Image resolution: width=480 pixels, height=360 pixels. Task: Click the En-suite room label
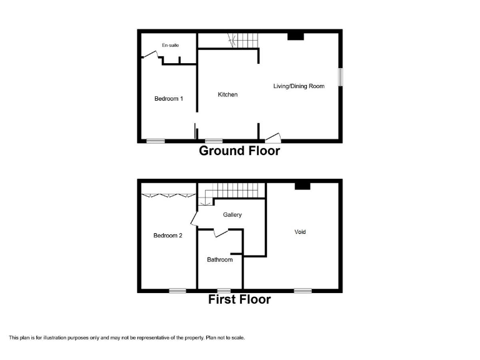[171, 46]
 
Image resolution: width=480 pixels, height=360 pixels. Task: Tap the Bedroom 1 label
[169, 98]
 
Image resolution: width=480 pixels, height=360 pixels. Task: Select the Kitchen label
[227, 94]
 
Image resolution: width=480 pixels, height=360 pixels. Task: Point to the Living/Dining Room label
[299, 86]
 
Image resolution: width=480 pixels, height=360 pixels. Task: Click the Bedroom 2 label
[167, 236]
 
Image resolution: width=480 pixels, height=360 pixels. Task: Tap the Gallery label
[232, 215]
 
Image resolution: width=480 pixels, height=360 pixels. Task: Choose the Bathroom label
[220, 260]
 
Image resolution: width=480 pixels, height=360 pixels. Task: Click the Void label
[300, 232]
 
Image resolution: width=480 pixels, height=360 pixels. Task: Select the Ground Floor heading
[239, 151]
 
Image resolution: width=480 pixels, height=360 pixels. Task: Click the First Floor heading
[239, 299]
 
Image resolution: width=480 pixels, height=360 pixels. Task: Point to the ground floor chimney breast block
[296, 36]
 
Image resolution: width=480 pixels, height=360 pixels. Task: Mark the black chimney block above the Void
[302, 185]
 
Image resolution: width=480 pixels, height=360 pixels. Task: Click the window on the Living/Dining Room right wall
[341, 76]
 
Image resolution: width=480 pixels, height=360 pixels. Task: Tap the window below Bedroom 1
[156, 141]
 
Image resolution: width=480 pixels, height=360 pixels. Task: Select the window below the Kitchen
[214, 141]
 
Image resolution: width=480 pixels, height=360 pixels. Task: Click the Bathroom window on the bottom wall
[223, 290]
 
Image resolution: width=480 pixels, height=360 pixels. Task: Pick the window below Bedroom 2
[177, 290]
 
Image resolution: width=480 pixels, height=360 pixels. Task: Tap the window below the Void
[302, 290]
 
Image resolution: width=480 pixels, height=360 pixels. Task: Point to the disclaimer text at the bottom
[127, 338]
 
